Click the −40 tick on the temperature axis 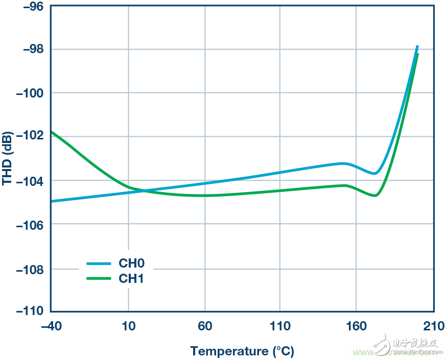52,326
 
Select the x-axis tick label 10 128,326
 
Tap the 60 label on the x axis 204,326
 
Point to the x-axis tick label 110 280,326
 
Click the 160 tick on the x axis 356,326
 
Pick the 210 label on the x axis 433,326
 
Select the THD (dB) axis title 7,159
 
